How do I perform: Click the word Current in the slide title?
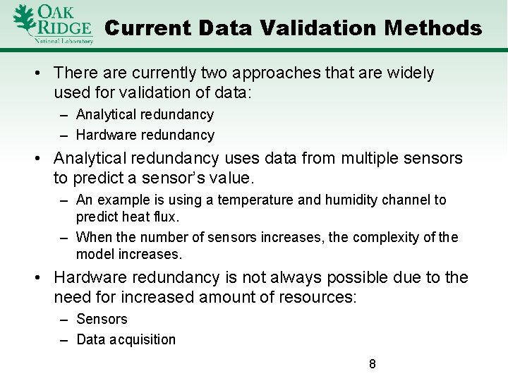point(147,28)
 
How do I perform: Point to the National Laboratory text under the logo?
point(64,41)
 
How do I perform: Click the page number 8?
point(372,365)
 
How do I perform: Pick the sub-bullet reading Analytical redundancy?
point(145,114)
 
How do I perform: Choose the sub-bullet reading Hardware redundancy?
point(145,135)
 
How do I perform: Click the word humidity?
point(350,200)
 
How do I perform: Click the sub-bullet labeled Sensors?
point(102,319)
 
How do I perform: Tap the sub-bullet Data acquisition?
point(126,339)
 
